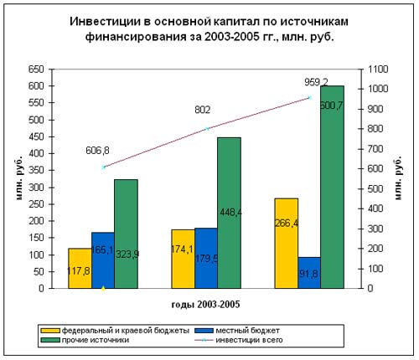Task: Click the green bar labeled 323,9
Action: tap(127, 234)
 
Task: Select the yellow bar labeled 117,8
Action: tap(80, 268)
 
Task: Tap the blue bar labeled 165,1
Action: tap(103, 260)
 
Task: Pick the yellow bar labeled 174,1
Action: tap(184, 259)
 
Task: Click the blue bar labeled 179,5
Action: tap(206, 258)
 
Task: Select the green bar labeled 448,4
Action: tap(230, 213)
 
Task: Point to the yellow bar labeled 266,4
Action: tap(287, 244)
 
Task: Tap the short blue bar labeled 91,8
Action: tap(309, 273)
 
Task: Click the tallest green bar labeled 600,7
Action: tap(333, 187)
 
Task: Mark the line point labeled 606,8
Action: tap(104, 167)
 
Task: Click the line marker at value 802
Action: tap(207, 129)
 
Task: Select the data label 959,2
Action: tap(316, 82)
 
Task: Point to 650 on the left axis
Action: tap(36, 69)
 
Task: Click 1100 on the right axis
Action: tap(378, 69)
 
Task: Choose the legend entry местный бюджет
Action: tap(237, 331)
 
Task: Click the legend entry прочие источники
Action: tap(85, 340)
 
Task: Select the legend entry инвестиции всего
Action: tap(239, 340)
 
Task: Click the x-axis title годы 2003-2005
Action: tap(205, 304)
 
